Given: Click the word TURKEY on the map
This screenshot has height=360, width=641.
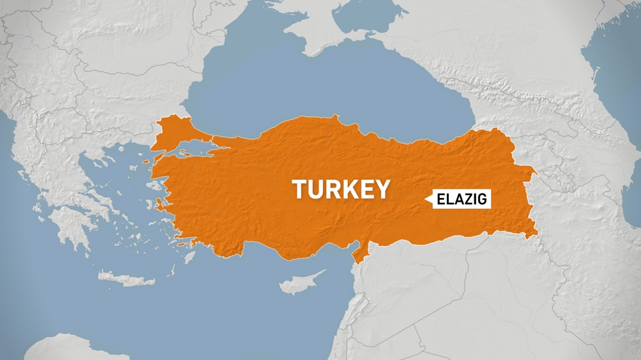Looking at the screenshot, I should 341,190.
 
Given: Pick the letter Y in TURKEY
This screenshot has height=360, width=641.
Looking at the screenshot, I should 382,190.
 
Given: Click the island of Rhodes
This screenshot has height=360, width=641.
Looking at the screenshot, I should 190,258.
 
